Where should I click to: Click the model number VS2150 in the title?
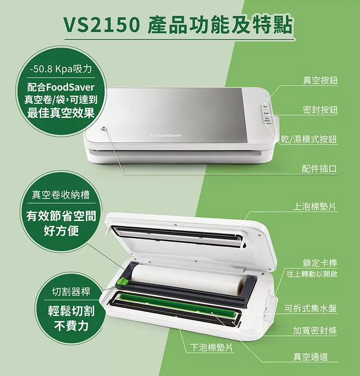[101, 25]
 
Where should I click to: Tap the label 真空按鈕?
[320, 80]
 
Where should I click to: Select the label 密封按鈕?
[320, 109]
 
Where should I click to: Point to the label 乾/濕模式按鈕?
[309, 139]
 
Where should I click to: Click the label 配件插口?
[320, 169]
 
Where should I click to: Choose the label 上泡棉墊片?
[314, 206]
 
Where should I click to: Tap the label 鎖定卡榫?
[320, 263]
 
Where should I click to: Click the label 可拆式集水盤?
[311, 308]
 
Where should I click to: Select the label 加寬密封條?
[315, 331]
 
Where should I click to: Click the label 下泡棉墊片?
[211, 347]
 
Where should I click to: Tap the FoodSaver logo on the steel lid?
[166, 135]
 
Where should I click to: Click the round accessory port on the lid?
[104, 129]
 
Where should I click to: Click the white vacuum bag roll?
[187, 279]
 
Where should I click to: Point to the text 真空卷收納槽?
[61, 195]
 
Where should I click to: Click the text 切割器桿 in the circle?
[71, 292]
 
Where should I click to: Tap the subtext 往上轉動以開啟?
[312, 273]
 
